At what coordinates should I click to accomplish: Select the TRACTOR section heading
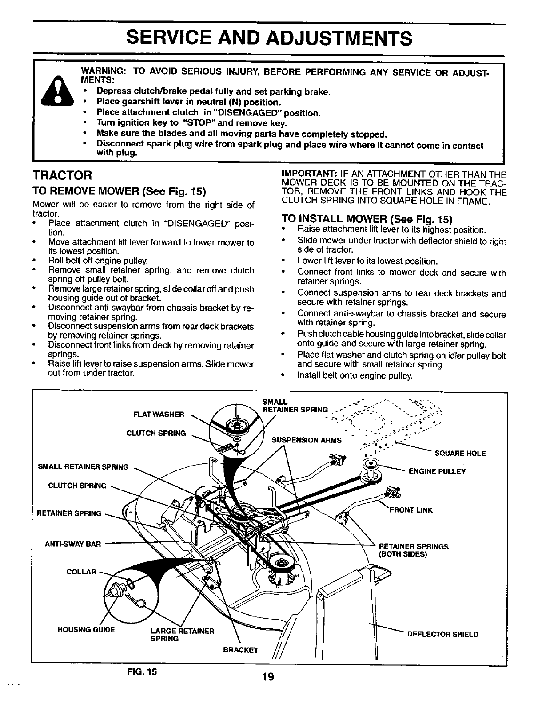(63, 175)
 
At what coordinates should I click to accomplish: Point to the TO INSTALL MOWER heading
(367, 220)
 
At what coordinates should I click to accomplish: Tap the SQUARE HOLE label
(460, 454)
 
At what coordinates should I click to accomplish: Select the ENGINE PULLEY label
(437, 471)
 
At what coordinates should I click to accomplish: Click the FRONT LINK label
(410, 510)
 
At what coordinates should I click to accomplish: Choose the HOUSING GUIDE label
(86, 630)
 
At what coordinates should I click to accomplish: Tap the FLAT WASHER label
(159, 415)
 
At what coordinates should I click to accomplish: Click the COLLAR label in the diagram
(81, 572)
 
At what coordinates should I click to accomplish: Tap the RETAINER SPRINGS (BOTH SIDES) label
(413, 550)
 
